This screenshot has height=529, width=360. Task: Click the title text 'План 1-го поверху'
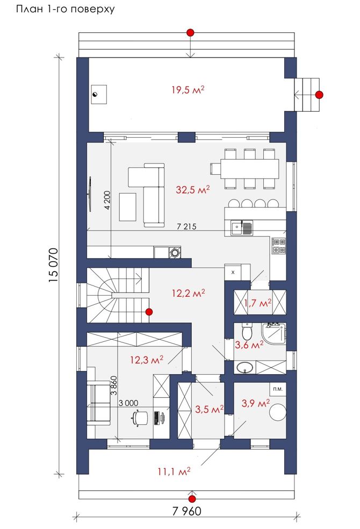click(66, 9)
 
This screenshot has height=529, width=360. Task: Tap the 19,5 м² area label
click(188, 90)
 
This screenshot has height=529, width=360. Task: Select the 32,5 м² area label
click(193, 190)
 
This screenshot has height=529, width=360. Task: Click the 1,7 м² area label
click(258, 303)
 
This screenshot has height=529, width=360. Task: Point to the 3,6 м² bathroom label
click(249, 345)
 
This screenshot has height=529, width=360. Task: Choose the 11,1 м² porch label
click(174, 471)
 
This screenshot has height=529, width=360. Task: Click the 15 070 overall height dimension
click(53, 265)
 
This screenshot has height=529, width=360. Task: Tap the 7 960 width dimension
click(187, 511)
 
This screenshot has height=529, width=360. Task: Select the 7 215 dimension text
click(187, 227)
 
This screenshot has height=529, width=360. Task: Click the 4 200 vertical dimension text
click(107, 200)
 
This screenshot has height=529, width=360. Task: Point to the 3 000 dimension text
click(128, 403)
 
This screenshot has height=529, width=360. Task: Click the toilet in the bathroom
click(247, 331)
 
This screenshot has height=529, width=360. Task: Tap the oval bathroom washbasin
click(244, 368)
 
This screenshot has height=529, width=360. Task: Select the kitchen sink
click(242, 228)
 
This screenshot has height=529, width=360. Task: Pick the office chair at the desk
click(139, 418)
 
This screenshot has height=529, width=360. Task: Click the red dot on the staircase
click(149, 312)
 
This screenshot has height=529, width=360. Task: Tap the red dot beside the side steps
click(319, 95)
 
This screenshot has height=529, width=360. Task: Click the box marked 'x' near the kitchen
click(233, 272)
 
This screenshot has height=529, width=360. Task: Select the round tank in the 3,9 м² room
click(278, 412)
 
